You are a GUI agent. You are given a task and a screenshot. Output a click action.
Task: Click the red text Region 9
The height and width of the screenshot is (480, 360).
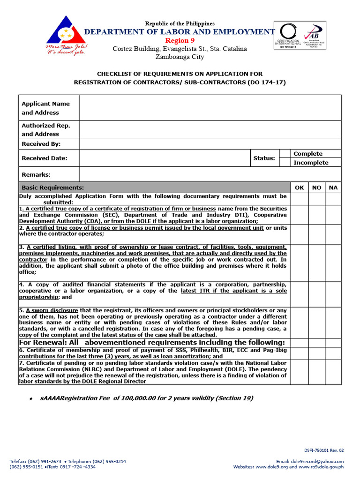(x=180, y=41)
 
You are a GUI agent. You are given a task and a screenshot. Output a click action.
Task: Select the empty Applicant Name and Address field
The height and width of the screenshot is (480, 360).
(x=210, y=108)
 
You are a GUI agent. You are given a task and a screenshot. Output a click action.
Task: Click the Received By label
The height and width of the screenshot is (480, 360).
(x=41, y=144)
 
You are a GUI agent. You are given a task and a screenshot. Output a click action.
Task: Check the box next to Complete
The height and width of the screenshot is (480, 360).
(x=285, y=154)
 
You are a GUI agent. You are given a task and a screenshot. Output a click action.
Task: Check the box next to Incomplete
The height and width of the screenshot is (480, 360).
(x=285, y=163)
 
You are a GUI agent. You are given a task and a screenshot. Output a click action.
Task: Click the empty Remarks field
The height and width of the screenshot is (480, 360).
(x=210, y=174)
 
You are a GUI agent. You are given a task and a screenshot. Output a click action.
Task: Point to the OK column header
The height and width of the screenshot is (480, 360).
(x=299, y=187)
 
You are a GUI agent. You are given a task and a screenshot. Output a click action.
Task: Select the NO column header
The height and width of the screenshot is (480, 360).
(x=317, y=187)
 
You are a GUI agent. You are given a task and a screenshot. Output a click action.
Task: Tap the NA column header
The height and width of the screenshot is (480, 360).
(x=333, y=187)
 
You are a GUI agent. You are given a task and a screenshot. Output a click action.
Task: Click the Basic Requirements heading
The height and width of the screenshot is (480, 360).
(x=53, y=187)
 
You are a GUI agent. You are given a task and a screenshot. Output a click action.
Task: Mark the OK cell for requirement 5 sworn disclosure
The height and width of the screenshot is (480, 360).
(x=299, y=322)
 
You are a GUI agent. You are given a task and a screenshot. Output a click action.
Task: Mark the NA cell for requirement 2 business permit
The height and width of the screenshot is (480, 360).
(x=333, y=233)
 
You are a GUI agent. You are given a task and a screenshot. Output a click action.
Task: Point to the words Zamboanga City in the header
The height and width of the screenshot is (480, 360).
(x=180, y=57)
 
